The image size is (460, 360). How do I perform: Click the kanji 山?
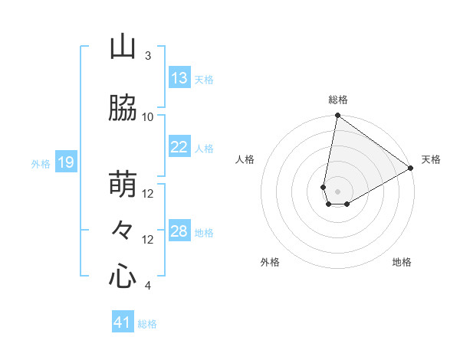pos(123,47)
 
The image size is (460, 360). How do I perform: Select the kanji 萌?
pos(123,185)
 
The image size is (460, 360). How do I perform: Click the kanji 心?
pos(123,277)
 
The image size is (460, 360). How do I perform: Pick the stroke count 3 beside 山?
pos(148,55)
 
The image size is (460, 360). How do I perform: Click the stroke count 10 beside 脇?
pos(148,116)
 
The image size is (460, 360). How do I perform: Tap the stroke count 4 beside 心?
pos(148,286)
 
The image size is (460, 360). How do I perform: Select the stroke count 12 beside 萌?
pos(148,194)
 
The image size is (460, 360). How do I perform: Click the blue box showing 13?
pos(179,78)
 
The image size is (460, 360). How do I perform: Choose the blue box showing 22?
pos(179,147)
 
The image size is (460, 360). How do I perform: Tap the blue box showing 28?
pos(179,231)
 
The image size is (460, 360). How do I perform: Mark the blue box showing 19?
pos(66,162)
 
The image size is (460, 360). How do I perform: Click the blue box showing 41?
pos(123,322)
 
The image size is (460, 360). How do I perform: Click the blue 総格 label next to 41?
pos(148,324)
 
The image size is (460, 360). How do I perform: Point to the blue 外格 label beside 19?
pos(41,163)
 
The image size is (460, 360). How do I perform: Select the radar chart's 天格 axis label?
pos(431,159)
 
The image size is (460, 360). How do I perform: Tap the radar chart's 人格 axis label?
pos(245,159)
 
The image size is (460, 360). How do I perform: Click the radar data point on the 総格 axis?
pos(337,116)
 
